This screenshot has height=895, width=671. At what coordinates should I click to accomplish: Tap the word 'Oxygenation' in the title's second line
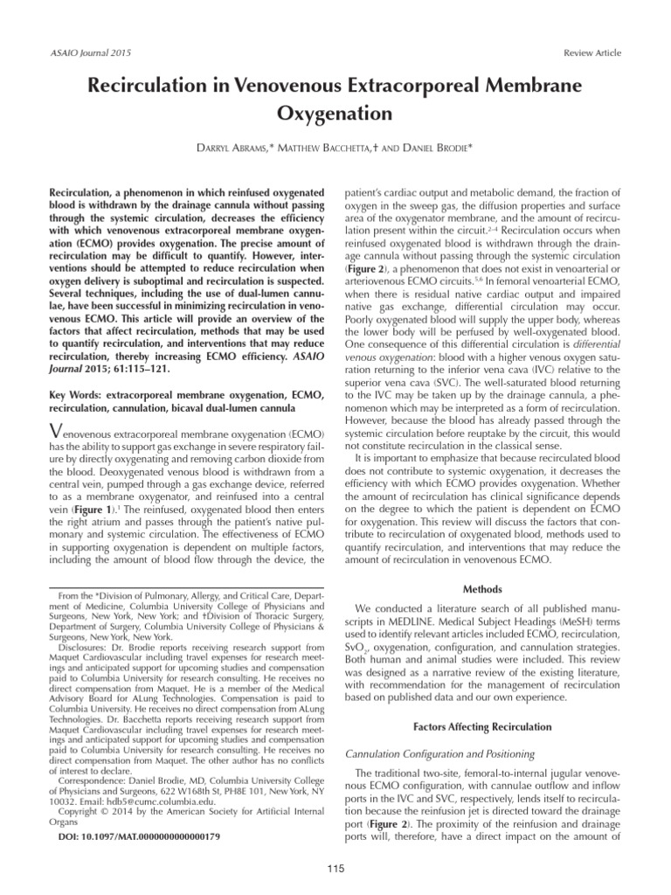[x=335, y=114]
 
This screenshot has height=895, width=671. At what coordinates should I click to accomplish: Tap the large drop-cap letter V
[x=58, y=430]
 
